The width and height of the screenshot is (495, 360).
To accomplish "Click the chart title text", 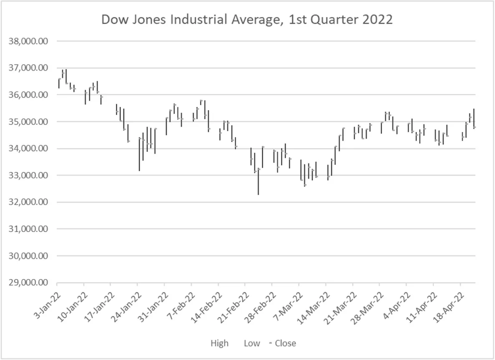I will [x=247, y=20].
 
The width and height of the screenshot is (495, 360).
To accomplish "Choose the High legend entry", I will [x=219, y=343].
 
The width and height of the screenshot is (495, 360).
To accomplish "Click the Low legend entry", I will [x=252, y=343].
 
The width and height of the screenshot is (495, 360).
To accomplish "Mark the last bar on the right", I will [x=474, y=118].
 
